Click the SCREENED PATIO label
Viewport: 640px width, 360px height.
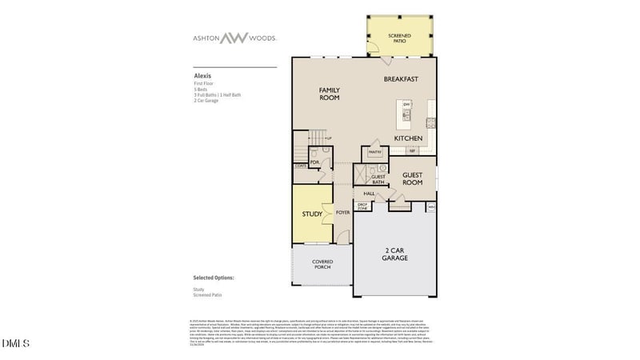pos(398,38)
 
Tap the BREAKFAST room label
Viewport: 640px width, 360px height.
pos(401,78)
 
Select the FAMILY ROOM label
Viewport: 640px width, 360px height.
pos(330,93)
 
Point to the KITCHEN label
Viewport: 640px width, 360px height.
pos(408,138)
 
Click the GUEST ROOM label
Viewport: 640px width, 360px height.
pos(412,178)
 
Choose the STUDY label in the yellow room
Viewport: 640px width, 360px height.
pos(311,214)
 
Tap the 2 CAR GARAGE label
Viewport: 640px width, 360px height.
pos(394,254)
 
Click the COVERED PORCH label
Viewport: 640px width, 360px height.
pos(322,264)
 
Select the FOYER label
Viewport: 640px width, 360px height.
pos(343,213)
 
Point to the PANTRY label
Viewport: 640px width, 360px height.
pos(374,151)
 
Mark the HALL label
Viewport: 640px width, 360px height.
pos(369,194)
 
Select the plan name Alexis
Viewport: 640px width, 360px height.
pos(202,76)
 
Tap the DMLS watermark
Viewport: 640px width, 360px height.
pos(15,344)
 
